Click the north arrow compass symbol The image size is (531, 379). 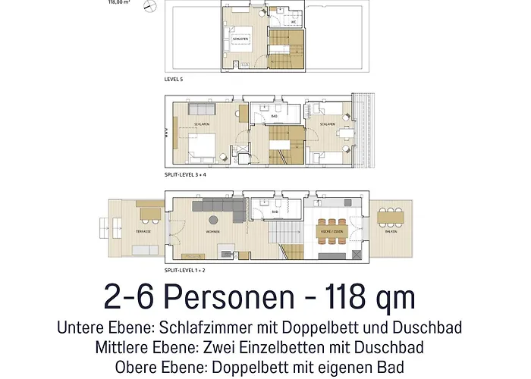point(153,6)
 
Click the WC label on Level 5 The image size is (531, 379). point(293,22)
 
